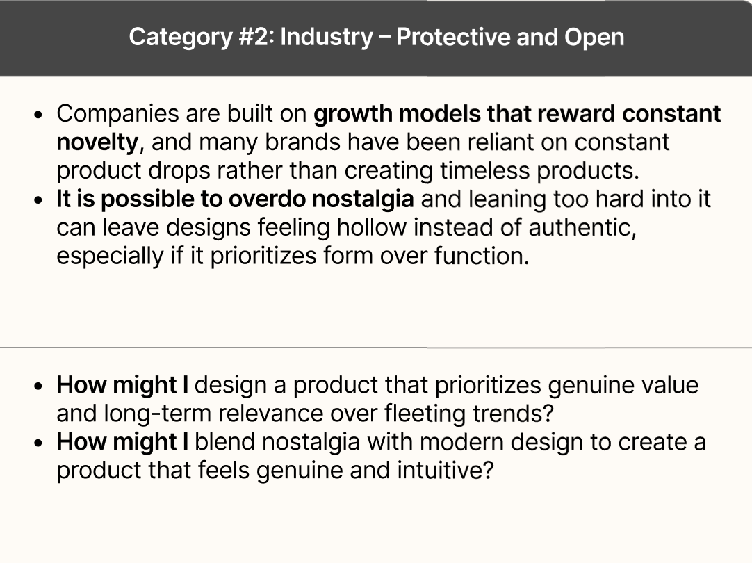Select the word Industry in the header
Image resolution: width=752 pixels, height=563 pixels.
[326, 37]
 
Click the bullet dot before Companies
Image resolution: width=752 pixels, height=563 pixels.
[44, 115]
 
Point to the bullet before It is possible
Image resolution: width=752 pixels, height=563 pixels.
[44, 200]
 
